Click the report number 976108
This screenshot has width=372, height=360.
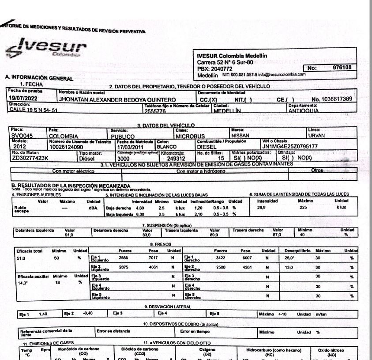342,68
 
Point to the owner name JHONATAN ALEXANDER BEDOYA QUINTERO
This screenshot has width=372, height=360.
117,99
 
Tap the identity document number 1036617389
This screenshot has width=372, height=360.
331,99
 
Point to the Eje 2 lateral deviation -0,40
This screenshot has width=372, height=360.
89,314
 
